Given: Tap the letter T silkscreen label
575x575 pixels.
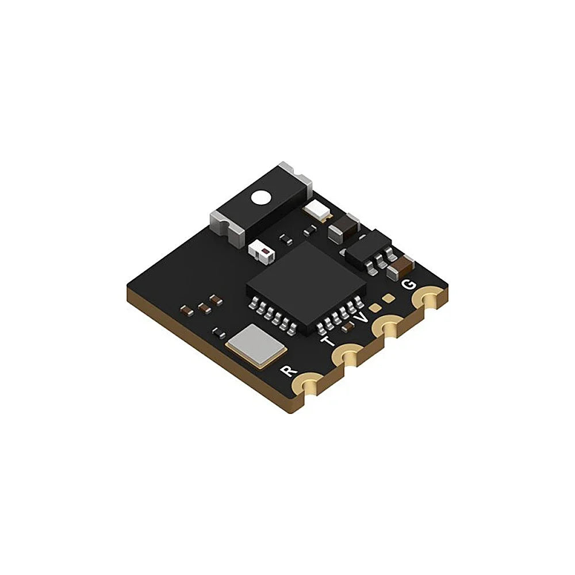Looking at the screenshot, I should (x=328, y=342).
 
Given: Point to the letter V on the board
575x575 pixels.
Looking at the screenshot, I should (x=361, y=317).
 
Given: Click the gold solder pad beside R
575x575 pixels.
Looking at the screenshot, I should (x=311, y=384).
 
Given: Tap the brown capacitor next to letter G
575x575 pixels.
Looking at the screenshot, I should (x=401, y=266).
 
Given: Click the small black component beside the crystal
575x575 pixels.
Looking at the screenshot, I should (x=218, y=332).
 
